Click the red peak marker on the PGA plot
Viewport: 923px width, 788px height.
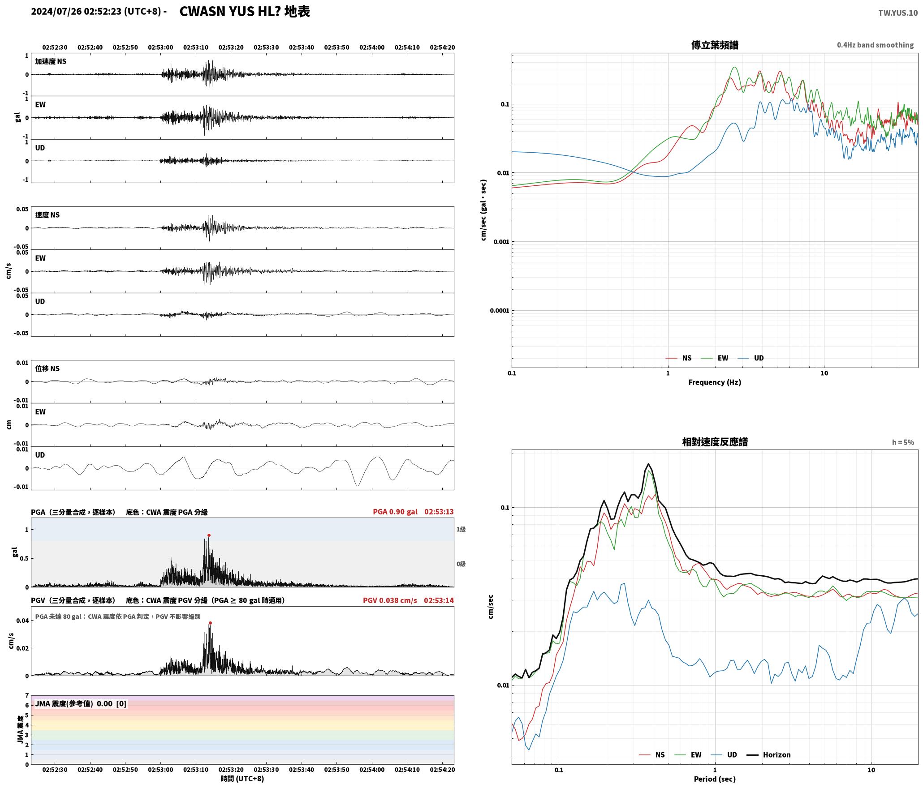point(209,535)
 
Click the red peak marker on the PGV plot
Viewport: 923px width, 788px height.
point(210,623)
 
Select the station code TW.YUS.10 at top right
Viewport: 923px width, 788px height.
point(897,13)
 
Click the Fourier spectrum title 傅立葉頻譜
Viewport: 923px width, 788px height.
point(715,45)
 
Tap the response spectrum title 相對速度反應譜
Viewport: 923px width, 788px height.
point(715,442)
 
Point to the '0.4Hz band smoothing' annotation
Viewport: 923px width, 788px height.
point(875,45)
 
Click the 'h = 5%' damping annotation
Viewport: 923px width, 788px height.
point(903,442)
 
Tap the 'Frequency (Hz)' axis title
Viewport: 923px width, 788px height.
point(715,382)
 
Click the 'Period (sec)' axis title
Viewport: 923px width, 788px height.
point(715,779)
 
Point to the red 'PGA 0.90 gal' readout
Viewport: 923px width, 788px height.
point(395,512)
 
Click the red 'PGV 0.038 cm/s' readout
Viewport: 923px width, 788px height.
point(390,600)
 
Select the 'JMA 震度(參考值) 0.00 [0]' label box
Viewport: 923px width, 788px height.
point(81,704)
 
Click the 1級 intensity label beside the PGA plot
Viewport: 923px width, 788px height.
point(461,529)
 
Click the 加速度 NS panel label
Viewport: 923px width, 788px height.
point(51,61)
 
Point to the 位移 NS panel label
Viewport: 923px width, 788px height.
point(47,368)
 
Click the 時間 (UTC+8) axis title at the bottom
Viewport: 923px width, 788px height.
point(242,779)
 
